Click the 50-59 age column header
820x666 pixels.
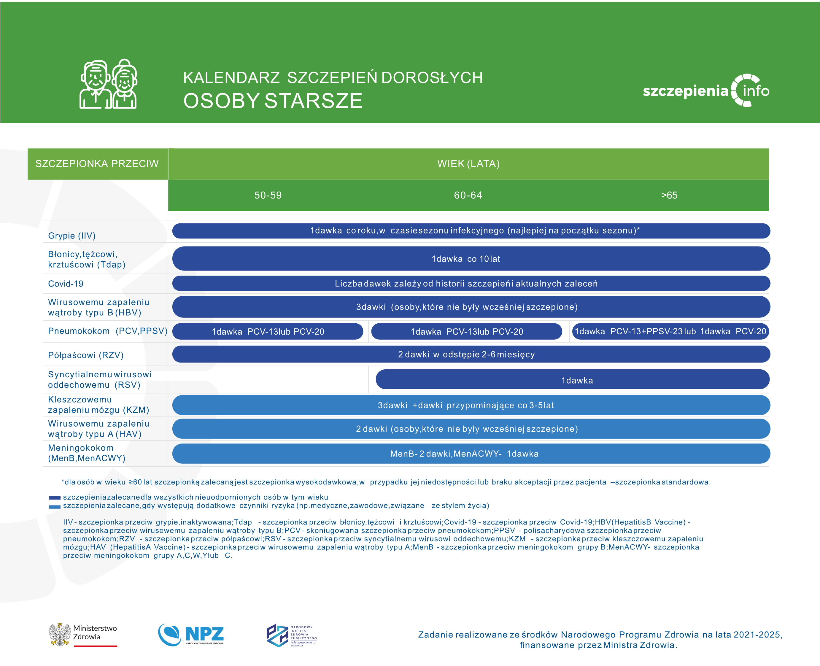[268, 195]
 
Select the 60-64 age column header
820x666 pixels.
[468, 195]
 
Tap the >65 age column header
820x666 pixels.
[669, 195]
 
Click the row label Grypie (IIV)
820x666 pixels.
[72, 236]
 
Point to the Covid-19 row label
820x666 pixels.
[66, 284]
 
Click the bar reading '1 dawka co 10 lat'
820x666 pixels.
[471, 259]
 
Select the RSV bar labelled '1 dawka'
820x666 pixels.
[573, 379]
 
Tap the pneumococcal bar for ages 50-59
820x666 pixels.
[268, 331]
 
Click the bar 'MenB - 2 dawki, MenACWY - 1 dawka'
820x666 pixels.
[471, 454]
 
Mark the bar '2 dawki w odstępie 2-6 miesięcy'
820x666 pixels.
[471, 354]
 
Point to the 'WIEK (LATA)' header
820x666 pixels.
[468, 164]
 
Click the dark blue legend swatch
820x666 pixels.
[55, 497]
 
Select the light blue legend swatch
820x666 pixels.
[55, 507]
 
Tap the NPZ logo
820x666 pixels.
[191, 635]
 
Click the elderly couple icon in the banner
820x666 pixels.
[108, 84]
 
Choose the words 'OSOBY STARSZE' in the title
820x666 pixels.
[273, 101]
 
